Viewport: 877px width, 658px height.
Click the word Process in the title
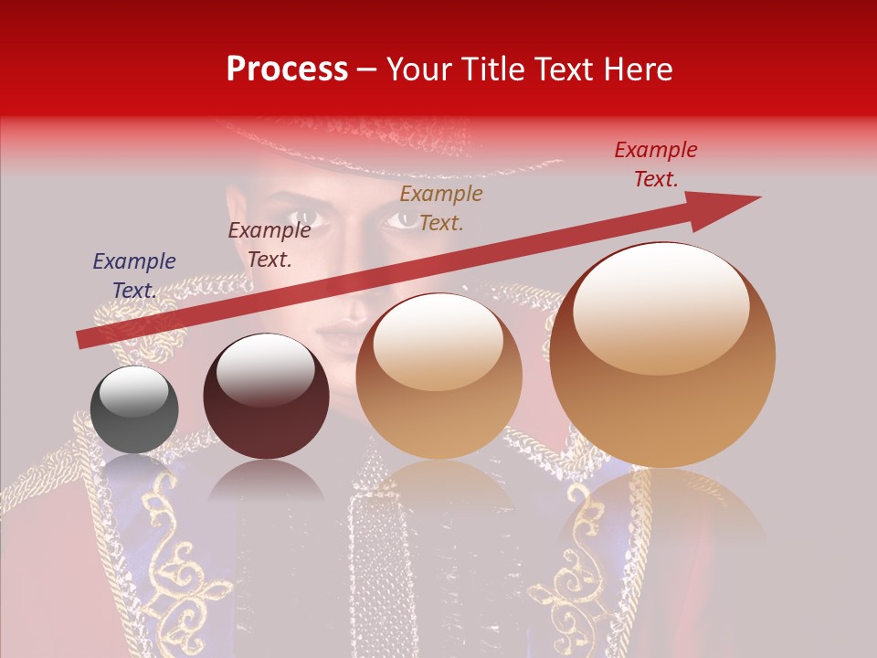click(287, 69)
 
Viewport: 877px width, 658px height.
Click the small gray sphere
click(134, 409)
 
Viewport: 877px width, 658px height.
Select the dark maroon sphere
click(266, 396)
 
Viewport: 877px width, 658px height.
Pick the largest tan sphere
click(662, 355)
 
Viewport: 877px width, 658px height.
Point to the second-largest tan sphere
click(438, 376)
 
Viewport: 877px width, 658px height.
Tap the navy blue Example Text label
click(134, 276)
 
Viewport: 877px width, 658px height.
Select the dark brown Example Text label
click(269, 245)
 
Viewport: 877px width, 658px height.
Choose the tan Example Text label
click(441, 207)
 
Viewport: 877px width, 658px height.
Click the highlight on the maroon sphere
click(264, 367)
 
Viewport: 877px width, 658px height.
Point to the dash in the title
click(367, 69)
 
